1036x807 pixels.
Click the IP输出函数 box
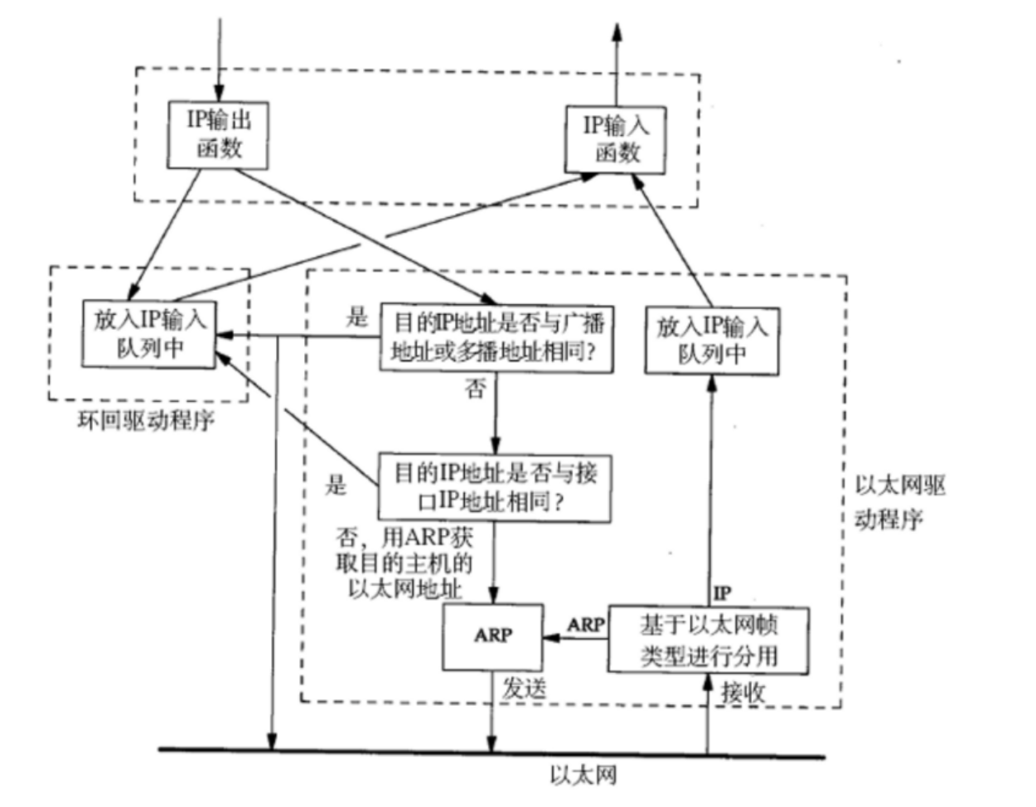pos(219,134)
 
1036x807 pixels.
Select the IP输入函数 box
pos(616,138)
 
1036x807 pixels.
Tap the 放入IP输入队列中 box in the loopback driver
pos(149,334)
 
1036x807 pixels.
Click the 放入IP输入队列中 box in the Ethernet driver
pos(712,340)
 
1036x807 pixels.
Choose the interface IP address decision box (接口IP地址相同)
pos(494,487)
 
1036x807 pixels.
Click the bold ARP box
pos(493,636)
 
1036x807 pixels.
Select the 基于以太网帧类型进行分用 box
pos(708,640)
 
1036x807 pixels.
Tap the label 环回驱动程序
pos(145,420)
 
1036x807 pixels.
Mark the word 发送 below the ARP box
pos(524,688)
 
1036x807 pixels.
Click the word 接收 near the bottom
pos(742,693)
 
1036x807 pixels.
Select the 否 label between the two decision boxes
pos(475,389)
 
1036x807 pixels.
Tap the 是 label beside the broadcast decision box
pos(356,317)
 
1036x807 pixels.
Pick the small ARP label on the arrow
pos(586,624)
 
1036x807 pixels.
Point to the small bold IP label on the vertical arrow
pos(722,592)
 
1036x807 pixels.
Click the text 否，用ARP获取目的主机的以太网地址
pos(403,563)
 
